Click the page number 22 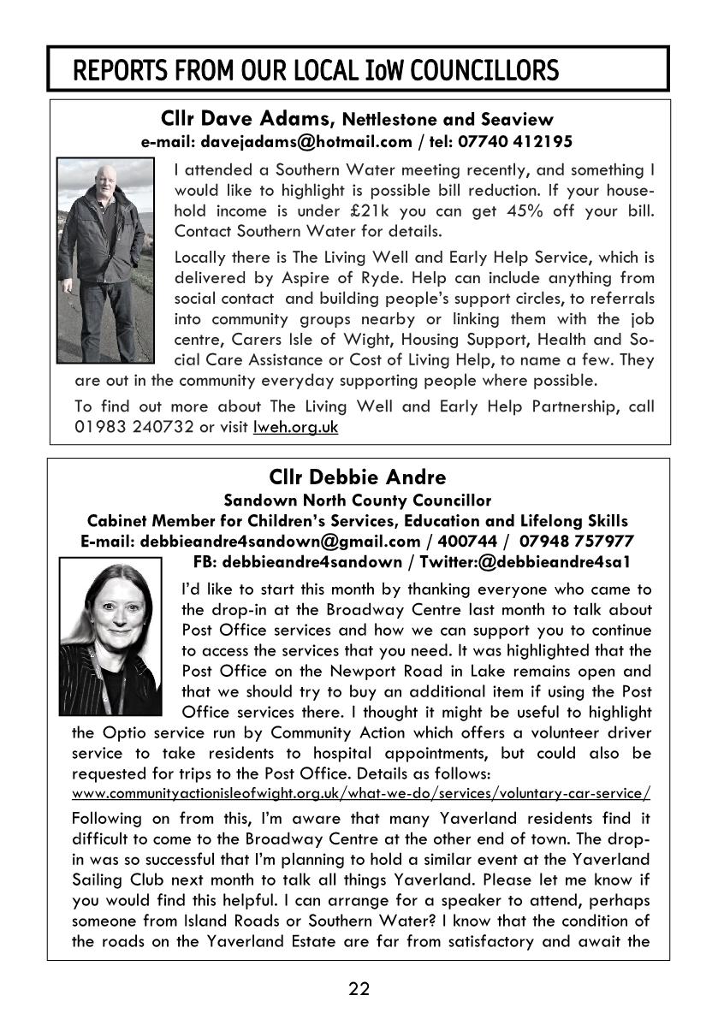coord(359,989)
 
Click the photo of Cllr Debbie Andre coord(110,636)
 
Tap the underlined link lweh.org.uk coord(295,427)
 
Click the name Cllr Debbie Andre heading coord(358,477)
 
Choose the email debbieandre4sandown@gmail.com coord(280,541)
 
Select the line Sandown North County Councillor coord(358,500)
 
